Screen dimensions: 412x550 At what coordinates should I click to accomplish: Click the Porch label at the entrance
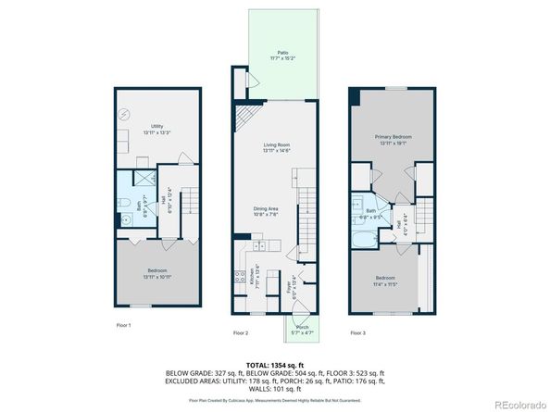302,329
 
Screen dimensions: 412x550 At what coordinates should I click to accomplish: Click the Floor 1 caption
124,325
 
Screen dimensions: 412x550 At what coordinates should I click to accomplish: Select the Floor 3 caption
357,331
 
